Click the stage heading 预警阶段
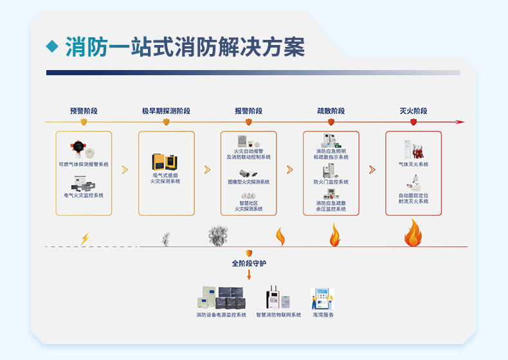(84, 111)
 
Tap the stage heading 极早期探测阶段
(166, 111)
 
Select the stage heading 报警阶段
(248, 111)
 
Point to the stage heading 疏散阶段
(331, 111)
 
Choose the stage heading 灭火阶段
(413, 111)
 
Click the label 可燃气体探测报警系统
(84, 165)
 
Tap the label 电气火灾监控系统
(84, 195)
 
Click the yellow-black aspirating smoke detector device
(165, 161)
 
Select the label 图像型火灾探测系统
(248, 182)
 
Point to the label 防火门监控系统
(331, 182)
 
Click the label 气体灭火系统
(413, 165)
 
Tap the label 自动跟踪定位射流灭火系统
(413, 198)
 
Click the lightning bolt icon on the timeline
(85, 239)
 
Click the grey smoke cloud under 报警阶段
(219, 235)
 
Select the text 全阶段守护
(248, 264)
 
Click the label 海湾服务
(323, 315)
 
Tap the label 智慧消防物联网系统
(278, 315)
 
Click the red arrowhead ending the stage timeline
(460, 122)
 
